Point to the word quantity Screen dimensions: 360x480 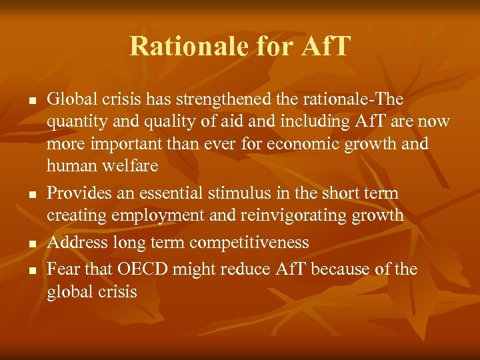point(76,123)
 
